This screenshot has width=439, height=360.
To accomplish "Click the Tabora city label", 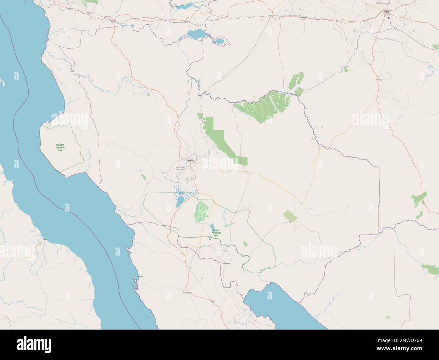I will [385, 11].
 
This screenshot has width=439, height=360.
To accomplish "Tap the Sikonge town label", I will [379, 80].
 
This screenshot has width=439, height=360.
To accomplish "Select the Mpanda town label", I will [190, 160].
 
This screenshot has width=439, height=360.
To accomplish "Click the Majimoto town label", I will [227, 263].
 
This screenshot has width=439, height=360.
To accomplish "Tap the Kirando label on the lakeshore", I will [140, 276].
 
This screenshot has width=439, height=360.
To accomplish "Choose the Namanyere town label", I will [187, 291].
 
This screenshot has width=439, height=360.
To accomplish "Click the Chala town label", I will [212, 301].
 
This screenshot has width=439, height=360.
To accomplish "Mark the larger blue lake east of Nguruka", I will [196, 34].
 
